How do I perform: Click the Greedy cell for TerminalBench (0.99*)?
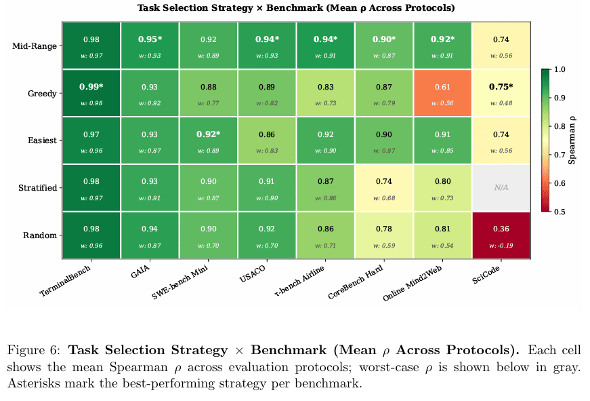[91, 92]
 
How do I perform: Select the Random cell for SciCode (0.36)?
[501, 235]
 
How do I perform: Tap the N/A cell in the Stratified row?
[501, 187]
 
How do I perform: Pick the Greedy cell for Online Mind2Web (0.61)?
[442, 92]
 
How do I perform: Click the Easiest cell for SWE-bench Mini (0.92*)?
[209, 140]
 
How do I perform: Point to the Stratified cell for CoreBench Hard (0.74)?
[384, 187]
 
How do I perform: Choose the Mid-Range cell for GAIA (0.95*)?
[150, 45]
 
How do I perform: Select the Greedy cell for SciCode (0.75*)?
[501, 92]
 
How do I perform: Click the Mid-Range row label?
[35, 46]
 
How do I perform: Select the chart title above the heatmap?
[296, 9]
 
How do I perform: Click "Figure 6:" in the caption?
[34, 351]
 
